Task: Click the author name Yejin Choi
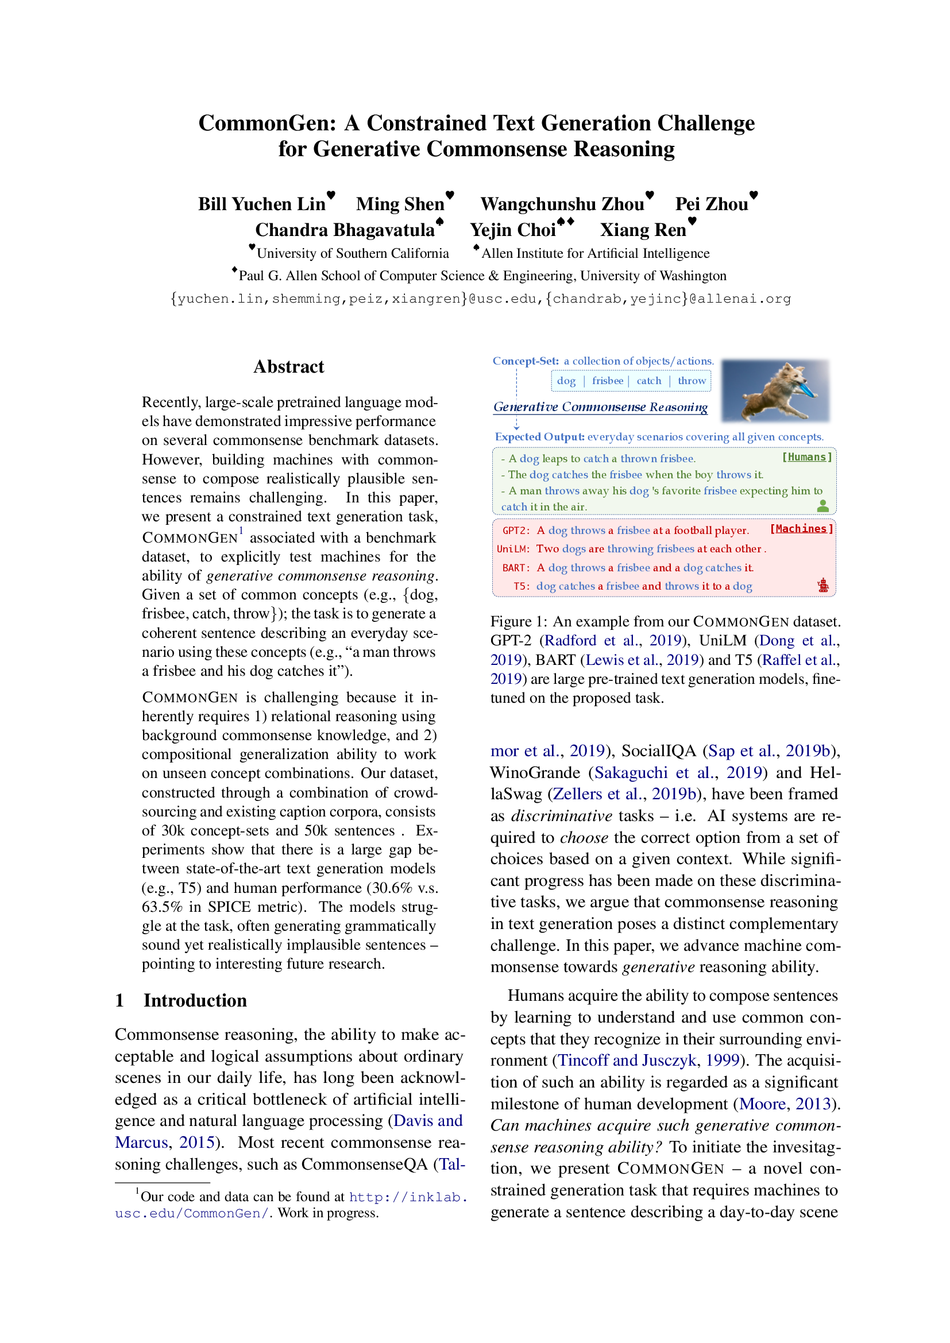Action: [512, 230]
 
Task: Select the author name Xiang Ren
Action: [642, 230]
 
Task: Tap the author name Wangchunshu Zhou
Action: [562, 204]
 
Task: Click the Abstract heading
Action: [288, 367]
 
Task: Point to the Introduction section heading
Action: [195, 1001]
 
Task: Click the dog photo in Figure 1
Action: [775, 390]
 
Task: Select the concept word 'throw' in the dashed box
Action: [692, 381]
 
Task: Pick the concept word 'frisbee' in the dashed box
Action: [607, 381]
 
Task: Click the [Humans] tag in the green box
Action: [806, 457]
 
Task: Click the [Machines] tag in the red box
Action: [801, 529]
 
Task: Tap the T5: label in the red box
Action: [521, 586]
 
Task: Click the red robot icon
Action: [823, 585]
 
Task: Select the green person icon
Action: [823, 506]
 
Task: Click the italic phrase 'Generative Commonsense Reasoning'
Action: [600, 407]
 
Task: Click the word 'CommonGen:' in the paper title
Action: [267, 123]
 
